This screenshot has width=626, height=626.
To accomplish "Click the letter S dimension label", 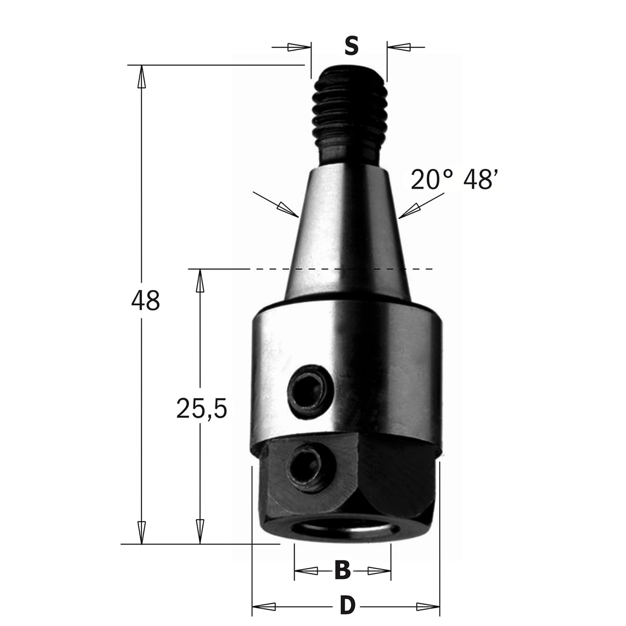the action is click(351, 46).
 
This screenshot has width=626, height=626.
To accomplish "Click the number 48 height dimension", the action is click(146, 300).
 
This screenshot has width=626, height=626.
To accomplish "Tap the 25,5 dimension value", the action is click(201, 408).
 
